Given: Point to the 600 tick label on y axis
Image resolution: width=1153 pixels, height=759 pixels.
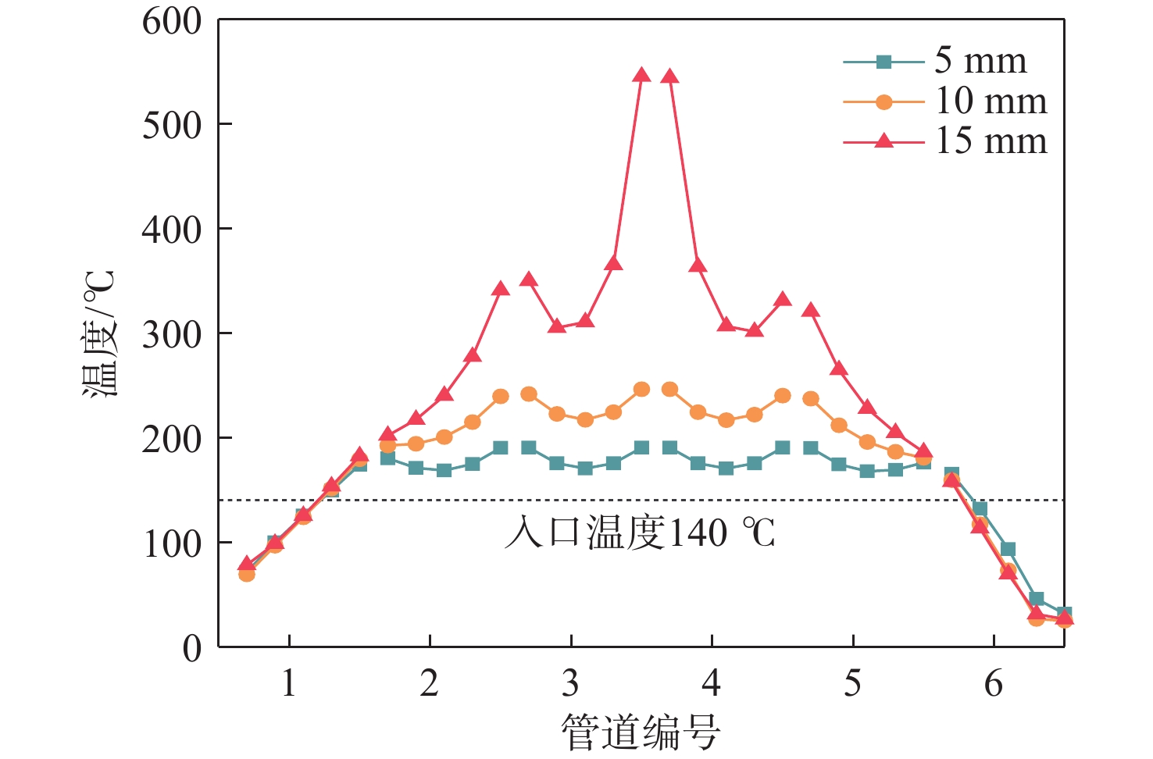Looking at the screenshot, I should (x=172, y=21).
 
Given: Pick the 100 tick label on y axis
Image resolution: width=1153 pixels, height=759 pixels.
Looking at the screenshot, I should (x=172, y=543).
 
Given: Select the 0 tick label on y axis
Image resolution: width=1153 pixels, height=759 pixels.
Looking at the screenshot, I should (x=192, y=648).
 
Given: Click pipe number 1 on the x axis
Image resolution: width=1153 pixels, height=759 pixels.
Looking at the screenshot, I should (x=289, y=683).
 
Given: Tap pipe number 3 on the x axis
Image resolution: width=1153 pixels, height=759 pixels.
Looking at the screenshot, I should (x=571, y=683).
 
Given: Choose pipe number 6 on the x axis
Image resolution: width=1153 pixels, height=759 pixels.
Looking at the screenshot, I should (x=994, y=683).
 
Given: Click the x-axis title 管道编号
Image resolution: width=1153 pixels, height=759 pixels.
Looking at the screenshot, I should (x=641, y=732).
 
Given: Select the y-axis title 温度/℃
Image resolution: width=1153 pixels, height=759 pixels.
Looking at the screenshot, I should (x=100, y=333).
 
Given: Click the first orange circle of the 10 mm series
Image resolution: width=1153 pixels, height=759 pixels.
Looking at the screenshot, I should (x=247, y=575).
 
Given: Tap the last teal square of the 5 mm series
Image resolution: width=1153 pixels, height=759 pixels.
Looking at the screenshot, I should (x=1064, y=614).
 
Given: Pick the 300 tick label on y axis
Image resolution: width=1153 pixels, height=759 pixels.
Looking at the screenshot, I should (x=172, y=334).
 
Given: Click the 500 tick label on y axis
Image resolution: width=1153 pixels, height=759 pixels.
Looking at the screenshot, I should (x=172, y=125).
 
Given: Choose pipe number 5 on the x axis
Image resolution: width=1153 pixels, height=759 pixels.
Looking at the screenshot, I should (x=853, y=683).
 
